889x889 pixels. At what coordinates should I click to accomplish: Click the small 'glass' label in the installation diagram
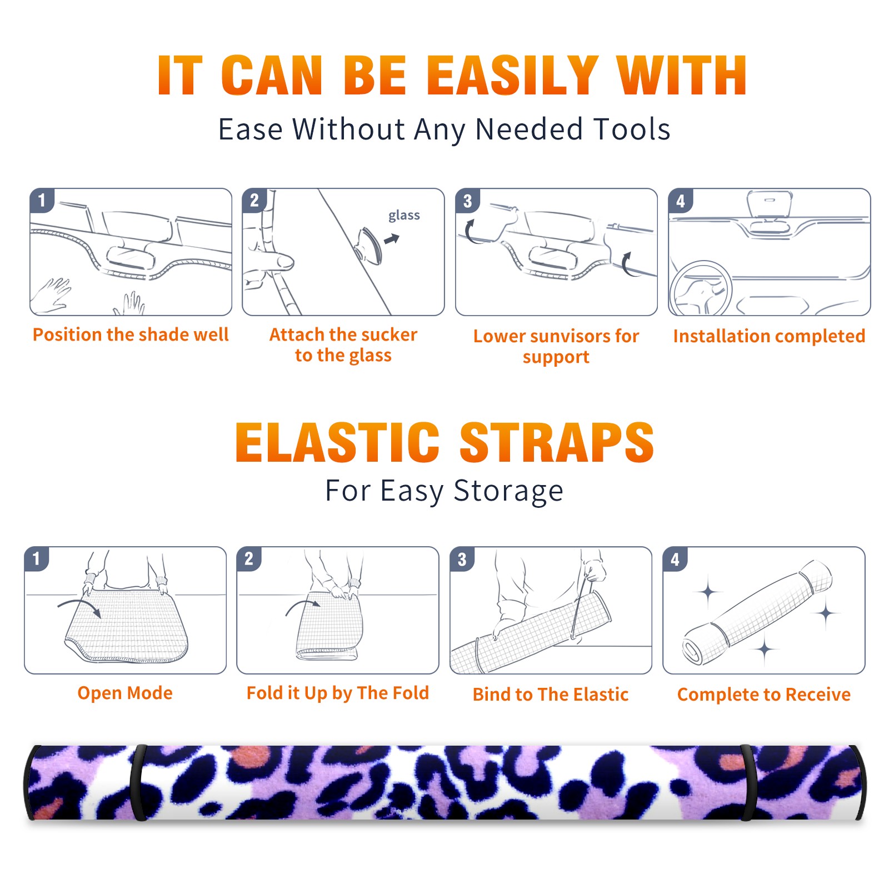(404, 216)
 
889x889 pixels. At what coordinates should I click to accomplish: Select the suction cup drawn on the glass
(369, 245)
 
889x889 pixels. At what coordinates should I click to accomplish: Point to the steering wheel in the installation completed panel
(701, 288)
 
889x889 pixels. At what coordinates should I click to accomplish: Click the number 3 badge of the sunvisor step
(467, 201)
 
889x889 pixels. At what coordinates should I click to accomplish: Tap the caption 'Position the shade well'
(131, 334)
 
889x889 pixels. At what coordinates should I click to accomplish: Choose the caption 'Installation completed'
(769, 336)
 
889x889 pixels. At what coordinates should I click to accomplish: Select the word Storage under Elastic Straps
(508, 491)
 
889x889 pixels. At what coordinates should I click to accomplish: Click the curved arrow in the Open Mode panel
(79, 607)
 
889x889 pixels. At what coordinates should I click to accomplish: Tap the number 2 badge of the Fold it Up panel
(248, 558)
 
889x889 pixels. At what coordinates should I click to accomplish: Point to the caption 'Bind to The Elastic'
(551, 695)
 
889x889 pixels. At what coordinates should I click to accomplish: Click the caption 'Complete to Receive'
(764, 695)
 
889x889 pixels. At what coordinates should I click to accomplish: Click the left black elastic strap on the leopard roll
(138, 783)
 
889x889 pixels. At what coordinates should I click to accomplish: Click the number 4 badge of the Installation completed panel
(680, 201)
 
